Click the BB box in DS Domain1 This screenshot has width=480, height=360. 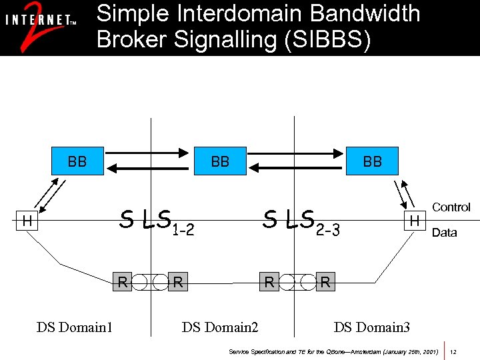point(77,161)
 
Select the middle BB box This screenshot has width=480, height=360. point(220,161)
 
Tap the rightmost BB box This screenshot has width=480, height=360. point(372,161)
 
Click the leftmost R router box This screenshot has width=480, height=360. point(122,281)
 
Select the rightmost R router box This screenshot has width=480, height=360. point(325,281)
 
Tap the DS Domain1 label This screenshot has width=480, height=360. point(75,327)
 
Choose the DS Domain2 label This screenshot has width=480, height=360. point(220,327)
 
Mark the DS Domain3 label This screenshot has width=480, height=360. point(372,327)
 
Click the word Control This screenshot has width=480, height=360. point(451,207)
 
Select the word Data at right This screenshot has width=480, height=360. point(444,233)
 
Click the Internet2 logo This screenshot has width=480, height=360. point(40,27)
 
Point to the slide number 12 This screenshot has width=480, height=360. point(453,351)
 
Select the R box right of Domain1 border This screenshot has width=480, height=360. point(177,281)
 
